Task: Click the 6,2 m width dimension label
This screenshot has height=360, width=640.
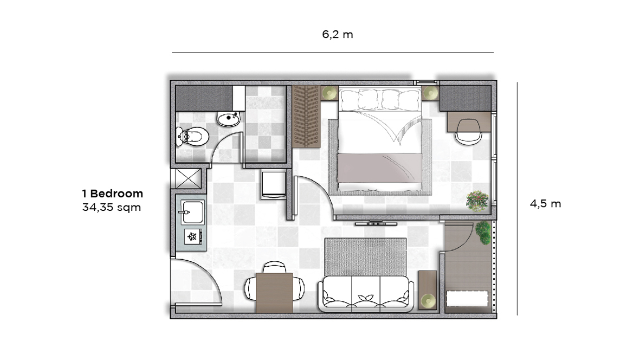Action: coord(337,35)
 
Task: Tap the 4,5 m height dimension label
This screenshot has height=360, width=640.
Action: coord(545,204)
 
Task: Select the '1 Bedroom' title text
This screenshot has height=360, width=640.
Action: coord(112,194)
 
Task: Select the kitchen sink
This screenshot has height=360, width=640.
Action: coord(191,210)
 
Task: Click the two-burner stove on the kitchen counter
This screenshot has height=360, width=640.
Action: coord(192,236)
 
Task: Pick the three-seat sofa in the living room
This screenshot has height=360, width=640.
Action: coord(365,293)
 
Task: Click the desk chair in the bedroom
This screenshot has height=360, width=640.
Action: coord(468,131)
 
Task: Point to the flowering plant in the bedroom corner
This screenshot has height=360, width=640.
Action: coord(477,200)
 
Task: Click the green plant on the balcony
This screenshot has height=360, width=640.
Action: coord(484,233)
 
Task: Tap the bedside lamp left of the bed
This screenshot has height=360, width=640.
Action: coord(329,93)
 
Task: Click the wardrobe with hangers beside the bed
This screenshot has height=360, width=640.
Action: coord(307,115)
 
